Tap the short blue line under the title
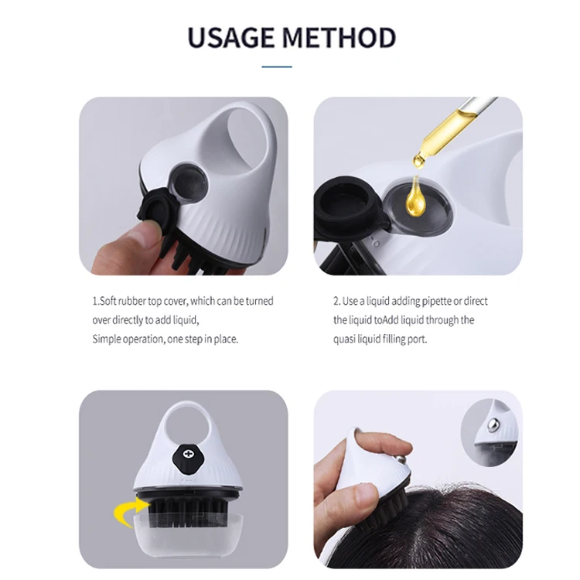[x=276, y=67]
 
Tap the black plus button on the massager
[x=186, y=454]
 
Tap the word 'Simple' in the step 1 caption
[x=107, y=339]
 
